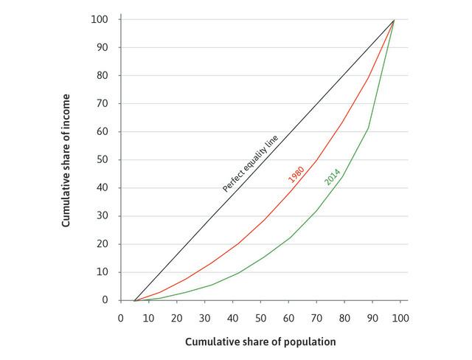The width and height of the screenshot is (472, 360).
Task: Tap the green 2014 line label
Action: [x=332, y=177]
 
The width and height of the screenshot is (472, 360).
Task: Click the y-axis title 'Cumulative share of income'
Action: [x=66, y=159]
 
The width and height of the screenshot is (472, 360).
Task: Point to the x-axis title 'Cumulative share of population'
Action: [x=260, y=342]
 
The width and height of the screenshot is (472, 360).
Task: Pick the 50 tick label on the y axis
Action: [x=103, y=159]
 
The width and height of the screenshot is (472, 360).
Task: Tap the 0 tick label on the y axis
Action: [x=105, y=300]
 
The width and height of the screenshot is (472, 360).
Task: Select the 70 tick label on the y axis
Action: [x=103, y=103]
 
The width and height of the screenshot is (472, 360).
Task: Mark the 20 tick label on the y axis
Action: [x=103, y=244]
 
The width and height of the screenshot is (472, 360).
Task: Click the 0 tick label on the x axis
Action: [x=120, y=318]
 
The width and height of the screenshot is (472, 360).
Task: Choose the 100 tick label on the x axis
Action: [x=400, y=318]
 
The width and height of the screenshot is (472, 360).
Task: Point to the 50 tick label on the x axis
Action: [x=260, y=318]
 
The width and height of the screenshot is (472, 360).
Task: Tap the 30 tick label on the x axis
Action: [x=204, y=318]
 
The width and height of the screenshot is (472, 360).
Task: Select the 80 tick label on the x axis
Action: [x=344, y=318]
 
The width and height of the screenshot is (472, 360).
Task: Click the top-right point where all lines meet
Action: [x=395, y=20]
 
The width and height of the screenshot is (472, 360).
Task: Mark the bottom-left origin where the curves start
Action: [x=133, y=300]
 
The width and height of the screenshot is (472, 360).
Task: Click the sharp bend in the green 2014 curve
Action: [x=368, y=129]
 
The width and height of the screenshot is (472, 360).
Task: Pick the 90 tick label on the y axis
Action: [x=103, y=47]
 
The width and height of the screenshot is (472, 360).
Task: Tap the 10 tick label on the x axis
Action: [x=148, y=318]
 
